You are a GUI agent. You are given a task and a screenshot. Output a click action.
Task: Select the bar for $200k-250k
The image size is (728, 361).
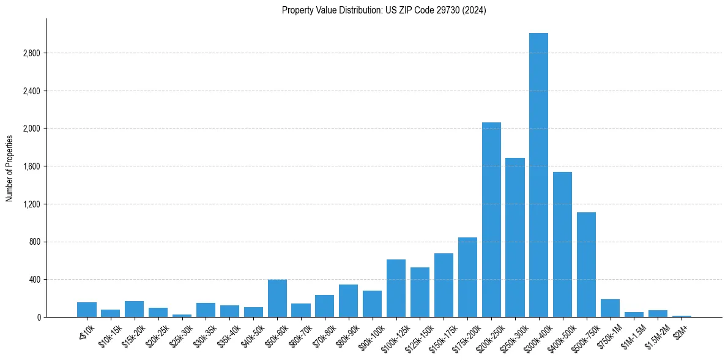pos(491,220)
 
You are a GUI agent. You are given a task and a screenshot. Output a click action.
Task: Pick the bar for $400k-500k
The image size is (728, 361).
pos(562,244)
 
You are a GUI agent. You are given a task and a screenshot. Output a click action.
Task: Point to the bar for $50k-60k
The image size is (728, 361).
pos(277,298)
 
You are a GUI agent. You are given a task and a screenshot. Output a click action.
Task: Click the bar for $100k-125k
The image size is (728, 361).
pos(396,288)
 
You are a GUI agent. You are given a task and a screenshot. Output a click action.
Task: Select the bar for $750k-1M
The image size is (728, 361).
pos(610,308)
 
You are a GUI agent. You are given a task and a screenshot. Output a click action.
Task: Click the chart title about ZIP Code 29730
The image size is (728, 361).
pos(384,10)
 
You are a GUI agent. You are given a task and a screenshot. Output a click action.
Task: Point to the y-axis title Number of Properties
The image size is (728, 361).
pos(10,168)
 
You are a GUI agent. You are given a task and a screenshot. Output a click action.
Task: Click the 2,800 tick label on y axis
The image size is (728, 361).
pos(31,53)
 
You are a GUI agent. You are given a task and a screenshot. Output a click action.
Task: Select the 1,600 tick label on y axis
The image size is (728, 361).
pos(31,166)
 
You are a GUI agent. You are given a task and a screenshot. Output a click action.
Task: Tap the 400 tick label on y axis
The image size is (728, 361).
pos(34,280)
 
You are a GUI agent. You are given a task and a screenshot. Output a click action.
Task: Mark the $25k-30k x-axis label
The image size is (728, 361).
pos(180,333)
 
